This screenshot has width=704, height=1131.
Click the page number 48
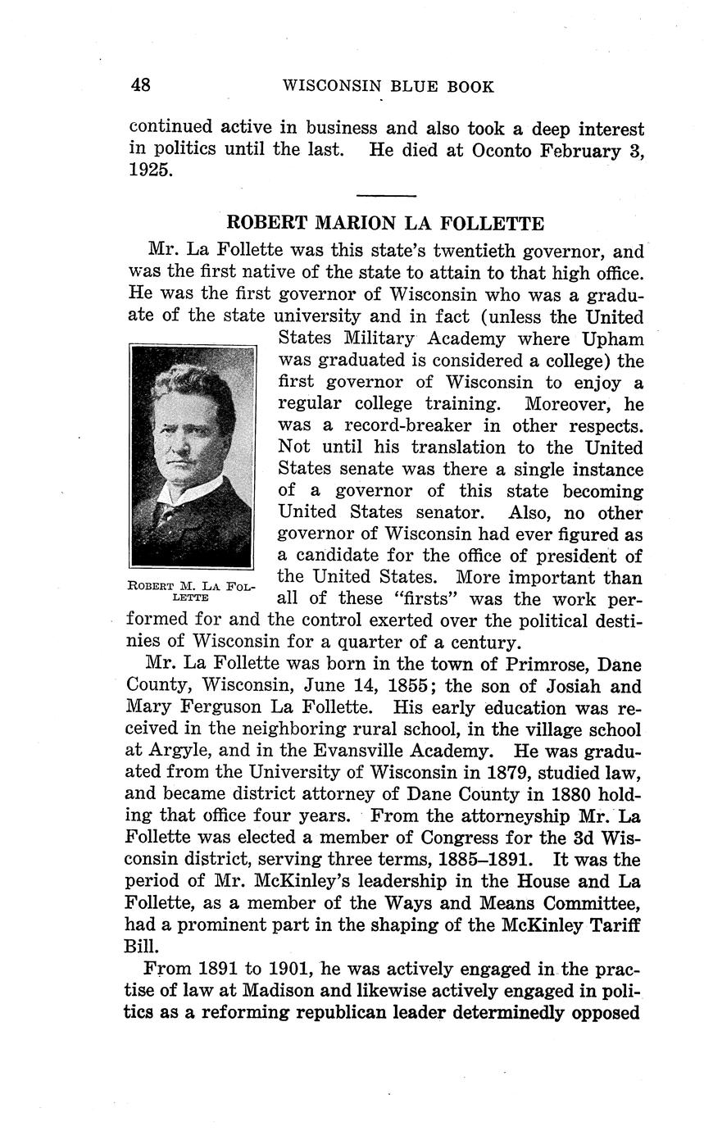coord(139,84)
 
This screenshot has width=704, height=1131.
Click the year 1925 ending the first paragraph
coord(151,171)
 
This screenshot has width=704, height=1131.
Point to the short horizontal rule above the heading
coord(387,195)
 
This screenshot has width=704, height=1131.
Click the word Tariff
coord(613,925)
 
